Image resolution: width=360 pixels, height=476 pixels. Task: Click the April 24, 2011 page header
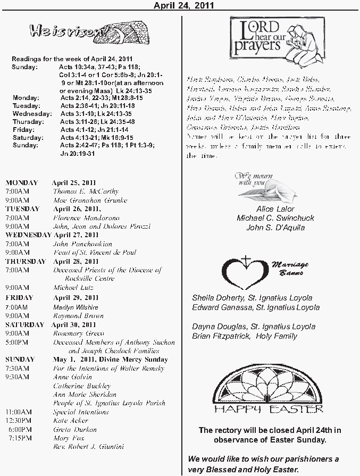183,5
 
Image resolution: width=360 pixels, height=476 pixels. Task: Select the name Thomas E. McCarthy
86,191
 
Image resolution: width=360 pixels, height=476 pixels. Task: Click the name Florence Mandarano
86,218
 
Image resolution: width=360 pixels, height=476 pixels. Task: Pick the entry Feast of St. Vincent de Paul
95,253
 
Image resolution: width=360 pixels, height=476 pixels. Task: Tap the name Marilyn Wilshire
76,307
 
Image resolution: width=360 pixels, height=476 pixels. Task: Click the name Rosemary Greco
76,333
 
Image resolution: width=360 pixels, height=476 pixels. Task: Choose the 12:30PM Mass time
19,421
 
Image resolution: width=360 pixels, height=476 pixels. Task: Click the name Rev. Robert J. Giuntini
88,447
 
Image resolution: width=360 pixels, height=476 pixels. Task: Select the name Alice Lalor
275,209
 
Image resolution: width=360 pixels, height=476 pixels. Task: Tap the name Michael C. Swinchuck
275,218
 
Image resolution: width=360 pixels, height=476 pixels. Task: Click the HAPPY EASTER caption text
269,409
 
